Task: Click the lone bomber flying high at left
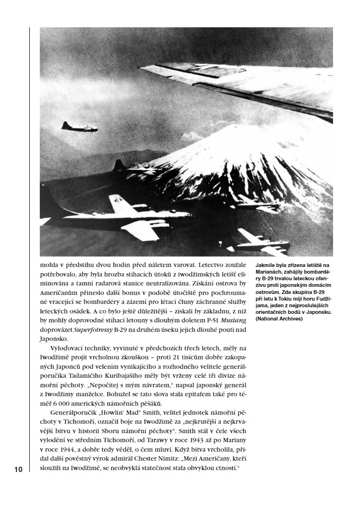[x=79, y=127]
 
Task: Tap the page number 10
[x=18, y=470]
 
